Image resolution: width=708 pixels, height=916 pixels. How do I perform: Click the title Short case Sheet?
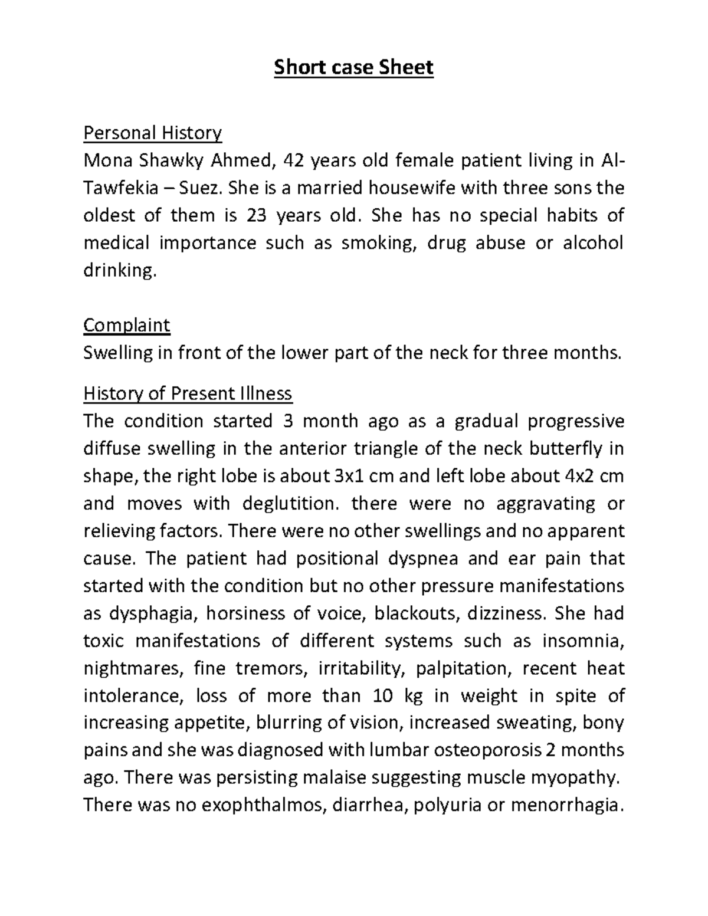click(353, 68)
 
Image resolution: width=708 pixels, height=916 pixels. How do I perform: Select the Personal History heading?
click(152, 133)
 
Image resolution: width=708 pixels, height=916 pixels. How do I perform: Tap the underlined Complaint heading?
click(126, 325)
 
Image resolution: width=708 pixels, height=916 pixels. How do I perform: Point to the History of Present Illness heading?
click(188, 393)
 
